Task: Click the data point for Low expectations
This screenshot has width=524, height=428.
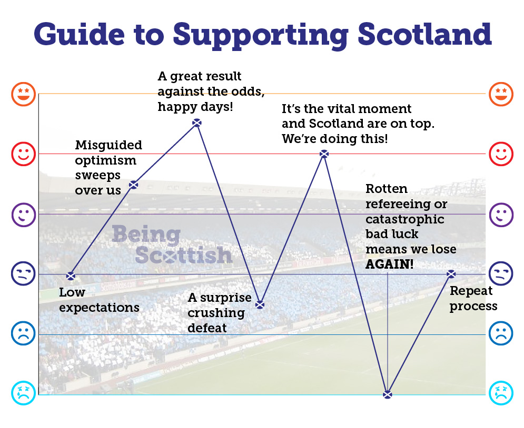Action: pyautogui.click(x=71, y=276)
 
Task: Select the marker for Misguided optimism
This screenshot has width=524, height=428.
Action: pyautogui.click(x=134, y=185)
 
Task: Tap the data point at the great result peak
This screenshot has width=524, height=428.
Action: pyautogui.click(x=196, y=123)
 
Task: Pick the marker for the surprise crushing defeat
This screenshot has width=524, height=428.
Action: pyautogui.click(x=260, y=304)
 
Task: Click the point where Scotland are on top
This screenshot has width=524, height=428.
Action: pyautogui.click(x=324, y=154)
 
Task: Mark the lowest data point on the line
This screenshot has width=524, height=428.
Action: pyautogui.click(x=388, y=394)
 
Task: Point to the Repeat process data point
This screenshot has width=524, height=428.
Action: pyautogui.click(x=451, y=274)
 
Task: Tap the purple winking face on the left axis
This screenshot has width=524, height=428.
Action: pyautogui.click(x=24, y=215)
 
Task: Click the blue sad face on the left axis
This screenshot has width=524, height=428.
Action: pyautogui.click(x=24, y=333)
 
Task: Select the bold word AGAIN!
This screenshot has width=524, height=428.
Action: pyautogui.click(x=389, y=264)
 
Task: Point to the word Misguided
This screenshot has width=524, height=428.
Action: pyautogui.click(x=108, y=145)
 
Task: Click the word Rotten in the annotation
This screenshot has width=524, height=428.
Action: pyautogui.click(x=387, y=189)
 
